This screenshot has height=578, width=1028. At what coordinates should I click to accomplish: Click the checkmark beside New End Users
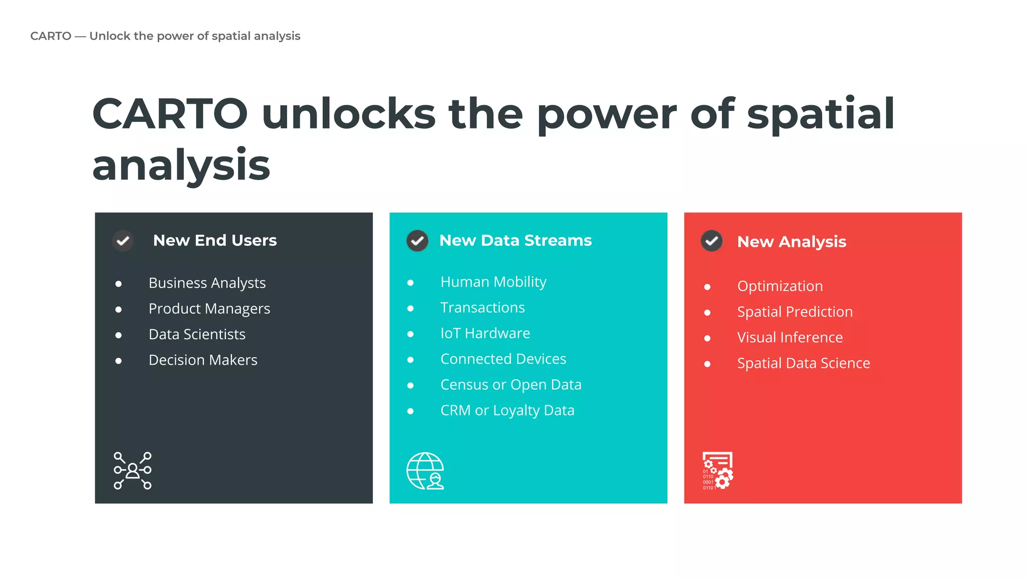point(123,241)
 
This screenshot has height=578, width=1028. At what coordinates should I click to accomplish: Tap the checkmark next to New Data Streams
point(417,241)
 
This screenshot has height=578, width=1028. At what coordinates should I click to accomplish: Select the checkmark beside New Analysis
point(711,241)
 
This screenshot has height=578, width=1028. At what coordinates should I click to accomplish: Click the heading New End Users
point(215,240)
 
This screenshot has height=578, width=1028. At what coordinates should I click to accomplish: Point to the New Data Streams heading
point(516,240)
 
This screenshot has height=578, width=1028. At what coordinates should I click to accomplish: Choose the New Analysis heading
point(792,242)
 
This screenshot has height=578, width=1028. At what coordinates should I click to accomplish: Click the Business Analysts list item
point(207,283)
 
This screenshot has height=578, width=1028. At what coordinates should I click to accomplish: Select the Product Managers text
point(209,309)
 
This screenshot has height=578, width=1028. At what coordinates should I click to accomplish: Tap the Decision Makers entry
point(203,360)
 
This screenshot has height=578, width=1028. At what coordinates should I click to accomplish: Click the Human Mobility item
point(493,282)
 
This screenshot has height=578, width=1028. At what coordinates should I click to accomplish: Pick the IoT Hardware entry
point(485,333)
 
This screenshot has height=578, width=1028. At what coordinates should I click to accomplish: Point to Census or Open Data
point(510,385)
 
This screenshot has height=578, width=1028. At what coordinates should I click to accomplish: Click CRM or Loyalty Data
point(507,410)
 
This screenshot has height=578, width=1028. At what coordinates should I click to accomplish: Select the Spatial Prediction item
point(795,312)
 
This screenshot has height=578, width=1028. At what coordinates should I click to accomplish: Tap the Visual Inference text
point(790,337)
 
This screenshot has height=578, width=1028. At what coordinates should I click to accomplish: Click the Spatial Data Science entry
point(803,363)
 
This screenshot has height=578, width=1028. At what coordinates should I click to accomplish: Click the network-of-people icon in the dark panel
point(133,471)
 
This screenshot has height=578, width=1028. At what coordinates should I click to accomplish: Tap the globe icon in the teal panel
point(425,471)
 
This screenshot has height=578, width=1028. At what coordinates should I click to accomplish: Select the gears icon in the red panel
point(718,471)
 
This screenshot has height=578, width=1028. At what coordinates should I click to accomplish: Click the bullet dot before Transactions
point(411,309)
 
